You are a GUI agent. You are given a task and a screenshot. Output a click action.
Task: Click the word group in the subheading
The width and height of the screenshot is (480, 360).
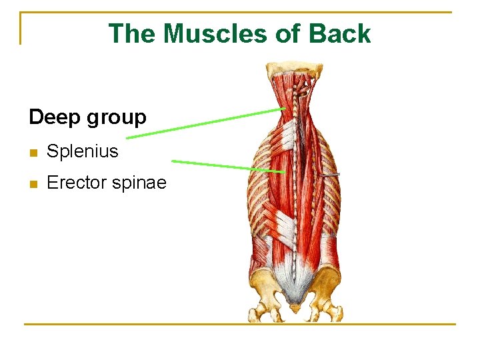115,119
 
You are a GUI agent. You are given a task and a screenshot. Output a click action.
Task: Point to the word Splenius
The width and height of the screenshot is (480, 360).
82,151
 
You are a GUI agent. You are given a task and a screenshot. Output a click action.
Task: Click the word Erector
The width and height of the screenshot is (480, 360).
76,183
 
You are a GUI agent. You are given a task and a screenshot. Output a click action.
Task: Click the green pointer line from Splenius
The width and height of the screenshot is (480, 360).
207,123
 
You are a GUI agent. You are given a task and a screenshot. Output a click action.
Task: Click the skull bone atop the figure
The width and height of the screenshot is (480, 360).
294,67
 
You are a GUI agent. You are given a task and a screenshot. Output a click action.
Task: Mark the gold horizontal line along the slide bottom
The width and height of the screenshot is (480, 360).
239,324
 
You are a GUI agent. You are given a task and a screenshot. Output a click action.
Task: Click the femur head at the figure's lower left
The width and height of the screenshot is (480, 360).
259,310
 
